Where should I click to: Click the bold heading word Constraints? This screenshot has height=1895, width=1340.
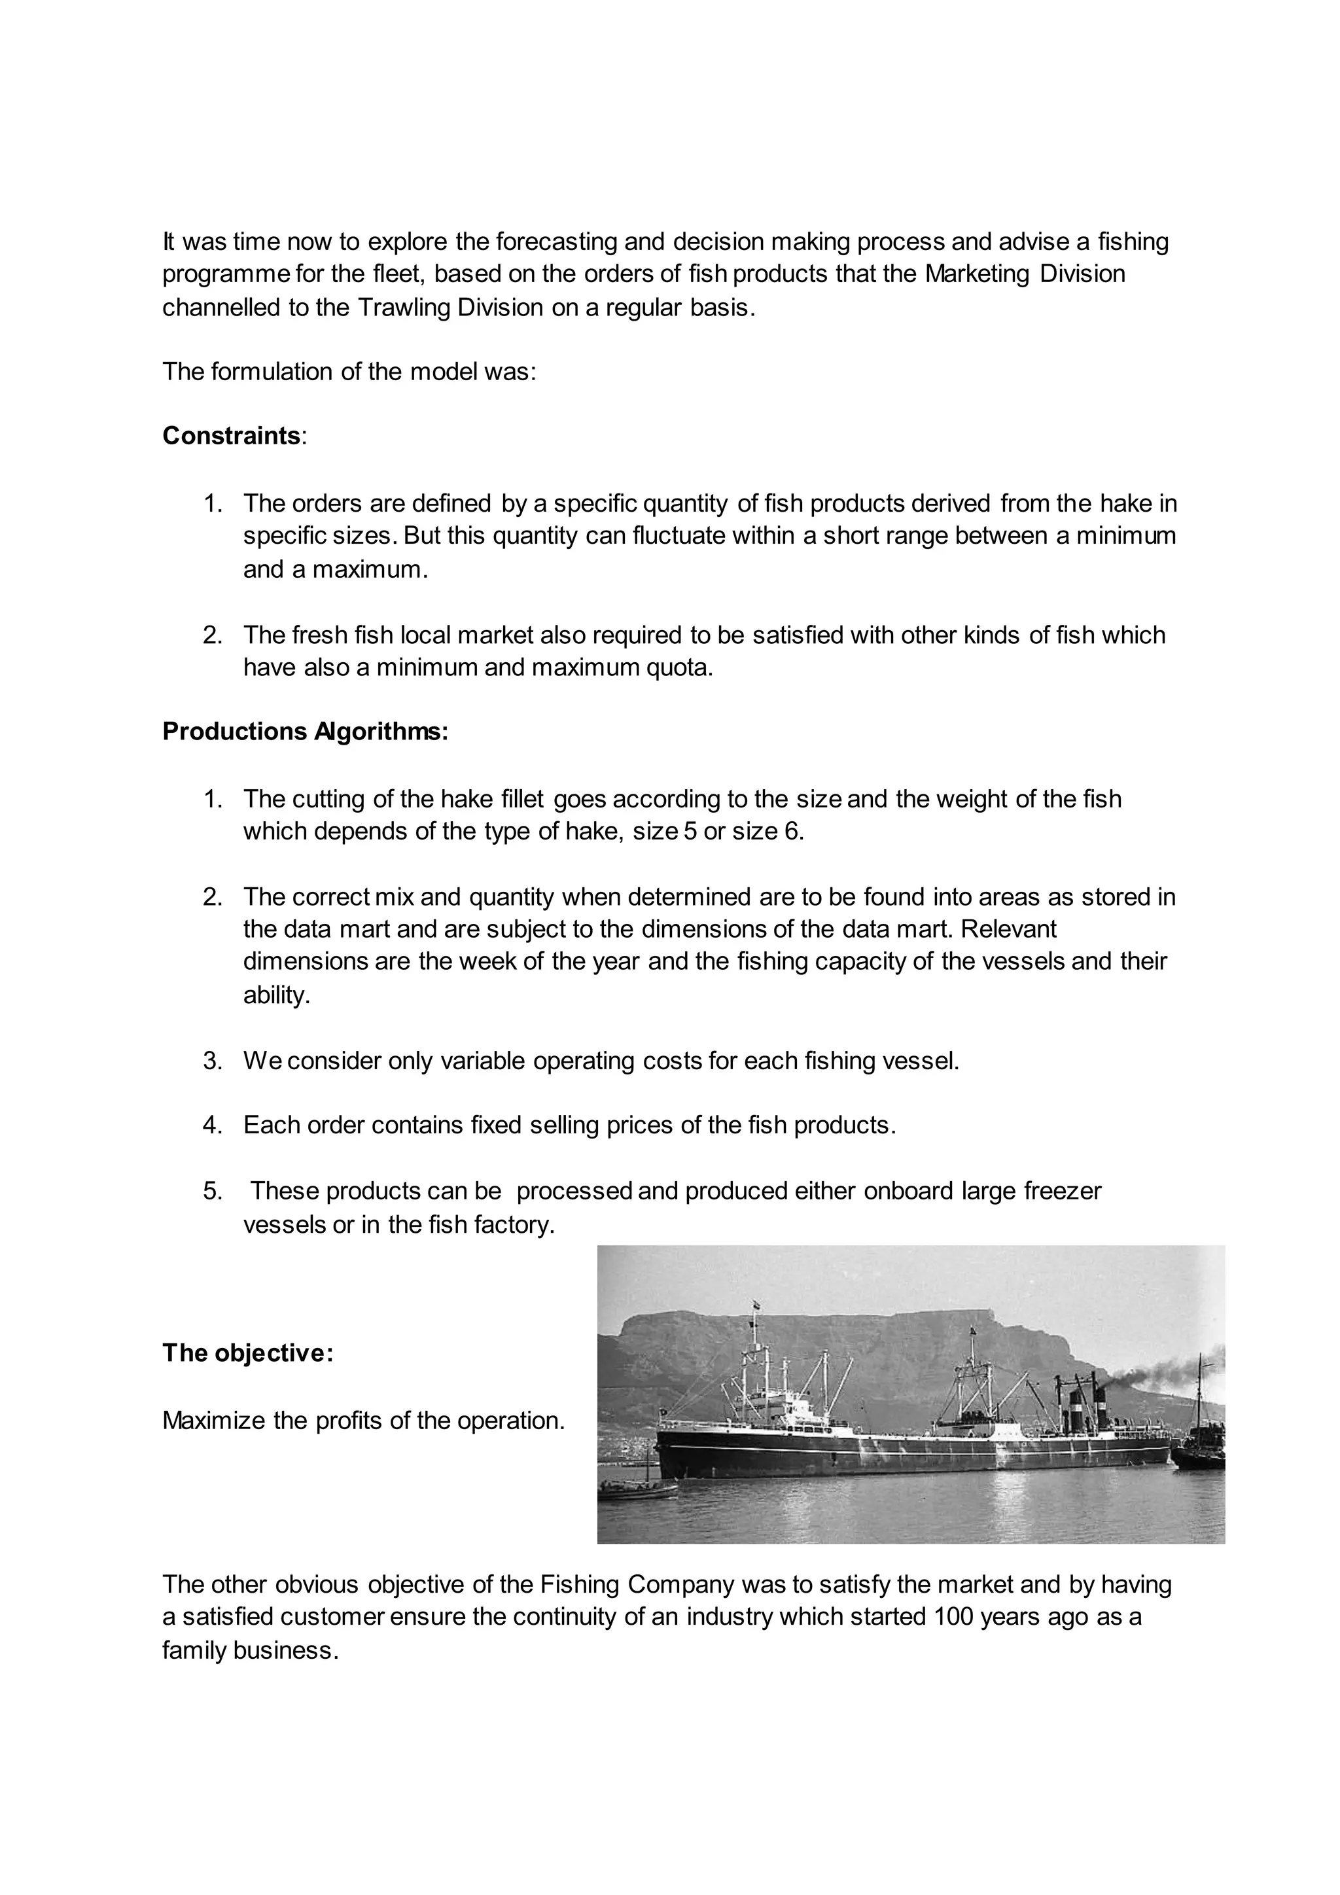click(x=231, y=436)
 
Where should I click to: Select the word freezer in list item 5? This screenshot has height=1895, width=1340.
click(x=1062, y=1191)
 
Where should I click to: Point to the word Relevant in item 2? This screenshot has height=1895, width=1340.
click(x=1008, y=929)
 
